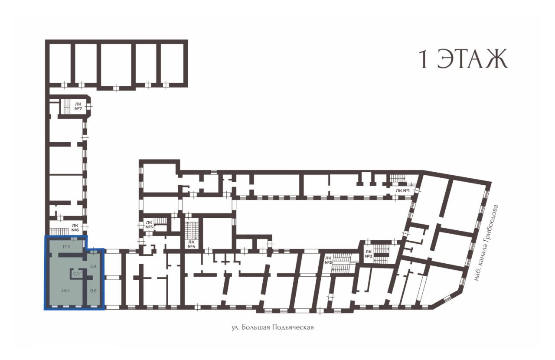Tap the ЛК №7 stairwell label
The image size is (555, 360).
coord(78,106)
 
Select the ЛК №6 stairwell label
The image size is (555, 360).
coord(75,228)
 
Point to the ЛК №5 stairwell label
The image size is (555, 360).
coord(149,225)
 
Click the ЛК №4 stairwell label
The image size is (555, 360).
coord(192,244)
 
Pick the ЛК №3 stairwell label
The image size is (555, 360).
coord(328,260)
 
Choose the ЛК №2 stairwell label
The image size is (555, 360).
coord(369,254)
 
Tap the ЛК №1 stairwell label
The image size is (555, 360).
coord(403,190)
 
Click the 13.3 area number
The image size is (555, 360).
coord(66,247)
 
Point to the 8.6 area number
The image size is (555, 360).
coord(93,291)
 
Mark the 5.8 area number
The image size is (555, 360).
coord(93,267)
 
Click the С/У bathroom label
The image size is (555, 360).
coord(77,274)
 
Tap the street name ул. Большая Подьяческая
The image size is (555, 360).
coord(273,327)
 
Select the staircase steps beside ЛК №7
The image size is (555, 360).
coord(67,106)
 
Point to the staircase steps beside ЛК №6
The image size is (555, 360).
coord(59,231)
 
